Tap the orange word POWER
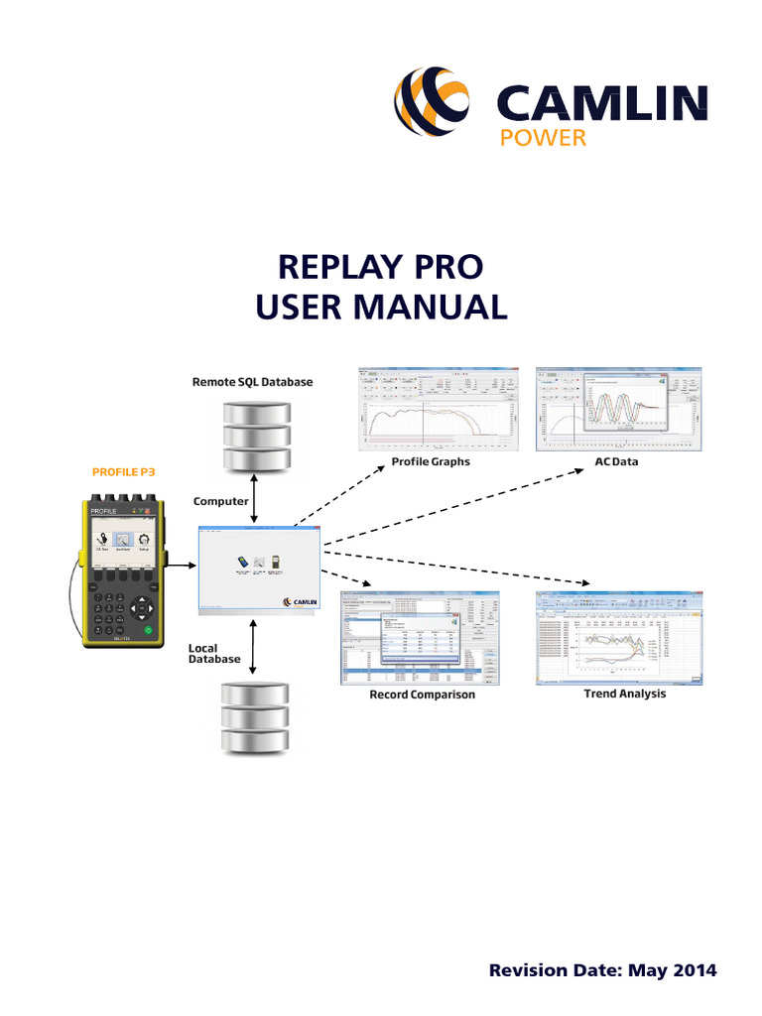(543, 138)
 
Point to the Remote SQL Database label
(252, 382)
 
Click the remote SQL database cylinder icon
(256, 437)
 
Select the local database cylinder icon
(256, 718)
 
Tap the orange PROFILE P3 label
(125, 472)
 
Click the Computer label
(220, 501)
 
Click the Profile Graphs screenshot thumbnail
(437, 407)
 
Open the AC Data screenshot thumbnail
(620, 407)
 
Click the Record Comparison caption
(422, 695)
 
